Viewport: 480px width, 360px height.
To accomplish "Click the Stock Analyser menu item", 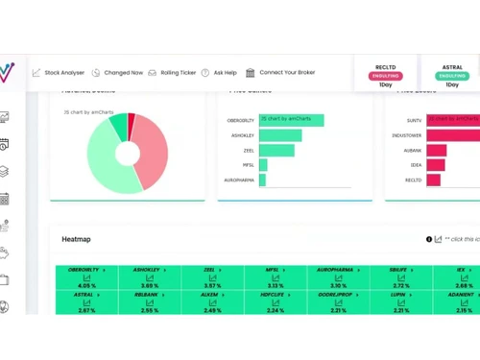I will [60, 72].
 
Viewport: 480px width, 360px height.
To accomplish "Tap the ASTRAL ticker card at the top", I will [451, 75].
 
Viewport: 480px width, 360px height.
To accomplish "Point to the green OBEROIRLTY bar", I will [291, 121].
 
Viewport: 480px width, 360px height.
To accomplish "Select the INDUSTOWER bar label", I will [405, 135].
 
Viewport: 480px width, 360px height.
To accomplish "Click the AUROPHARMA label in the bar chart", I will [239, 180].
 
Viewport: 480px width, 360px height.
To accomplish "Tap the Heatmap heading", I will [76, 238].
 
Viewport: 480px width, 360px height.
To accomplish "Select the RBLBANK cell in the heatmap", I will [147, 301].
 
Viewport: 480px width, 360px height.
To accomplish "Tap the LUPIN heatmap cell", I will [401, 301].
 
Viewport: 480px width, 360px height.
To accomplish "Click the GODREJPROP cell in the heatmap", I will [338, 301].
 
